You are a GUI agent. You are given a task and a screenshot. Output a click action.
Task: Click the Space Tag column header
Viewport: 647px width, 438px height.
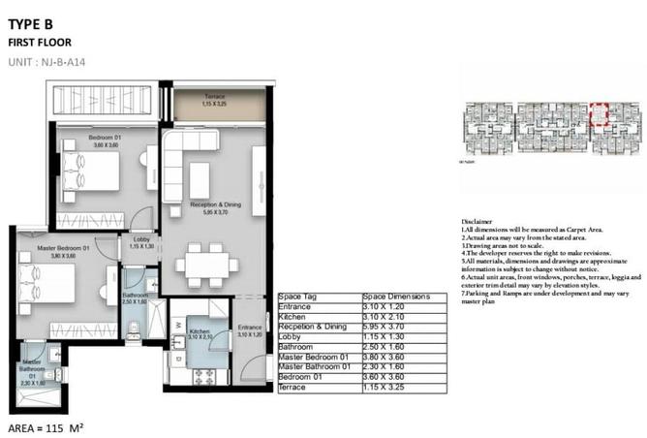[297, 296]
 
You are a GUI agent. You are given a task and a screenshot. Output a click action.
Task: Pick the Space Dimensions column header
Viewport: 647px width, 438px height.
[395, 296]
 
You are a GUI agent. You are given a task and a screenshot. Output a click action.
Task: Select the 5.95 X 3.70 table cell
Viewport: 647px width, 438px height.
[385, 327]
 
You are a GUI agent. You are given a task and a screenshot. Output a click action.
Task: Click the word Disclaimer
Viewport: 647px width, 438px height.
[479, 221]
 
